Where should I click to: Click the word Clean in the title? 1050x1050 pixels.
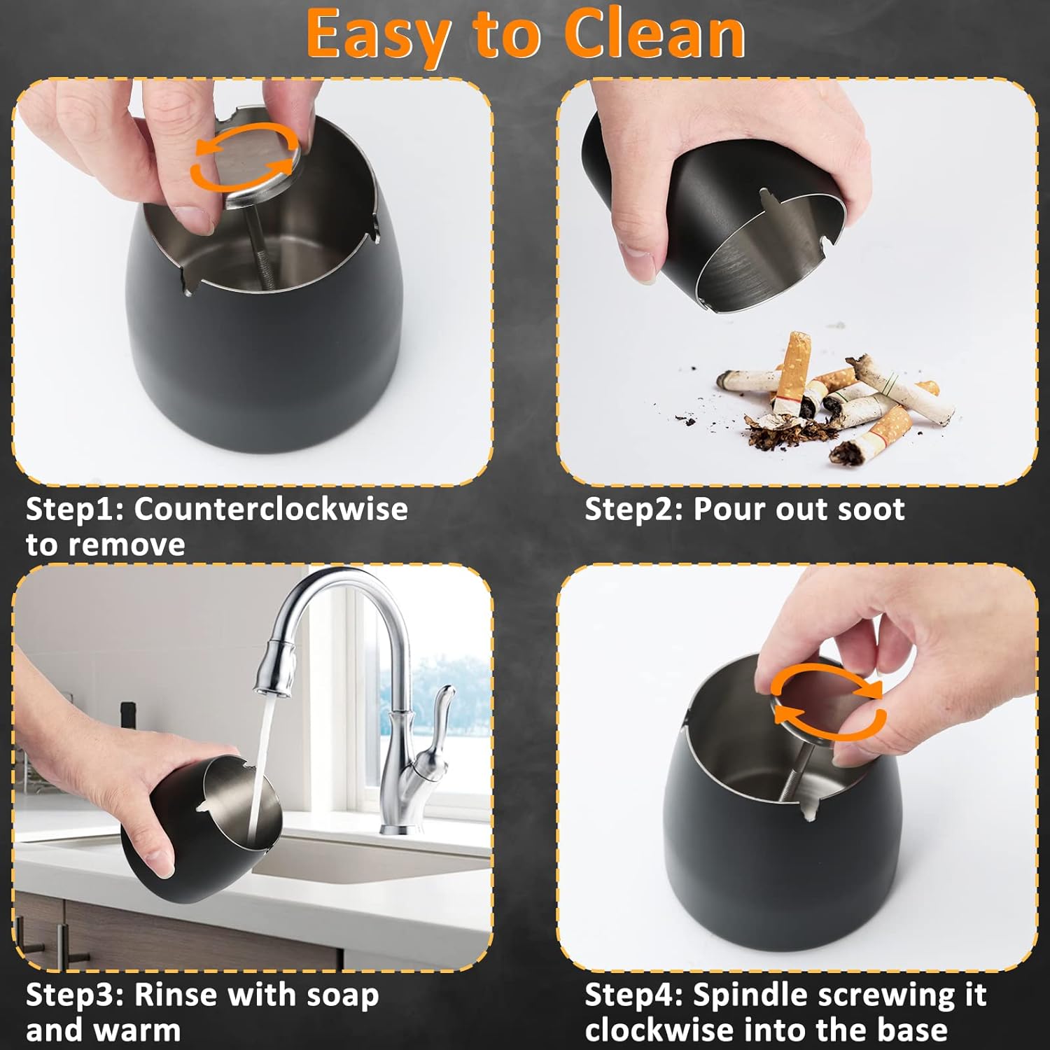pos(654,35)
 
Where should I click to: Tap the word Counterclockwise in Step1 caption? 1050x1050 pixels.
pos(270,509)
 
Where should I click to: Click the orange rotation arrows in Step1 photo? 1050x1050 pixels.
pos(244,157)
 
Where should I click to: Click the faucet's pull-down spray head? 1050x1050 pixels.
pos(276,668)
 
